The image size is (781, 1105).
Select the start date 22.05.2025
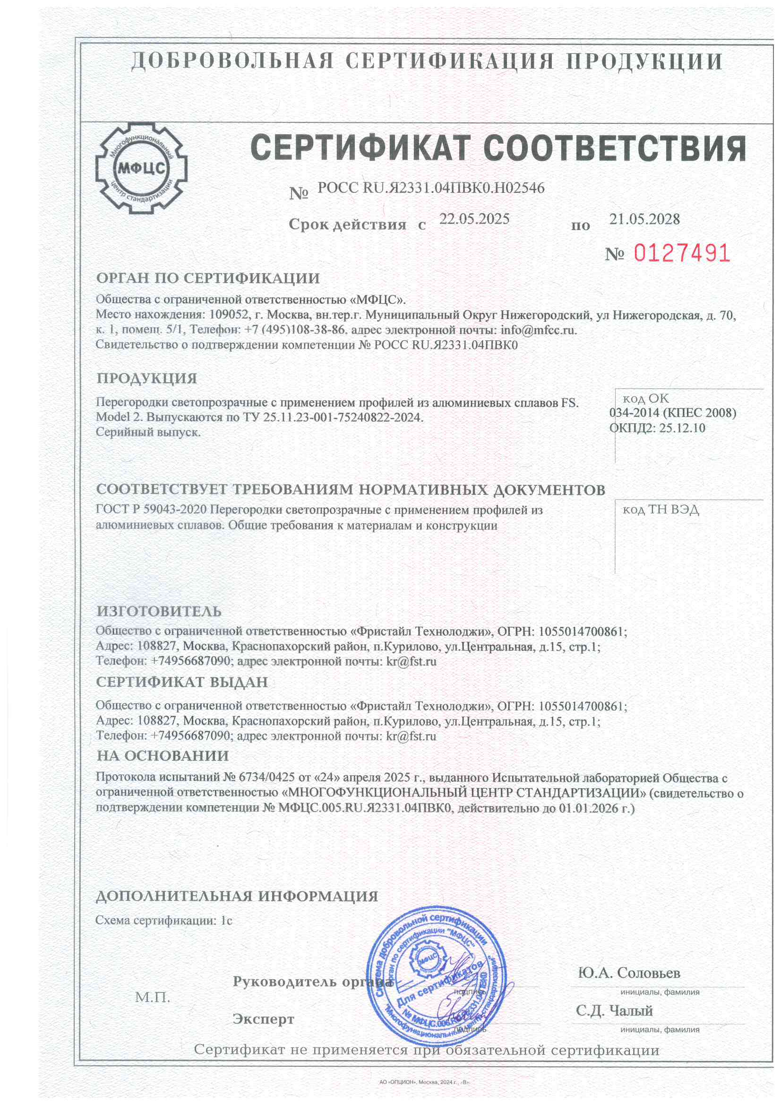click(474, 219)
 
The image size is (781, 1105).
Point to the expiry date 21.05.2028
click(644, 219)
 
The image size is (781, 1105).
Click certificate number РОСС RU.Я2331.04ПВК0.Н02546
click(431, 188)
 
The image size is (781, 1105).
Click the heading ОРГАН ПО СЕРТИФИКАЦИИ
click(208, 278)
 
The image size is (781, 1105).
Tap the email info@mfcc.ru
click(538, 330)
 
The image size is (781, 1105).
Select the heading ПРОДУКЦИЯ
click(147, 378)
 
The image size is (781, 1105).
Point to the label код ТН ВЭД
click(660, 509)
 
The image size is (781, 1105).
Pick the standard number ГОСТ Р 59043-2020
click(151, 509)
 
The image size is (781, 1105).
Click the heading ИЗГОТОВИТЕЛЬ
click(159, 611)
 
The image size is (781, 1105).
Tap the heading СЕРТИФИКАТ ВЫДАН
click(182, 682)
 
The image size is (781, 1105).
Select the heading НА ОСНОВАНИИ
click(163, 756)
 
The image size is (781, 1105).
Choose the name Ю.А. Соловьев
click(629, 973)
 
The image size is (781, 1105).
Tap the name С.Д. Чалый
click(614, 1010)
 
